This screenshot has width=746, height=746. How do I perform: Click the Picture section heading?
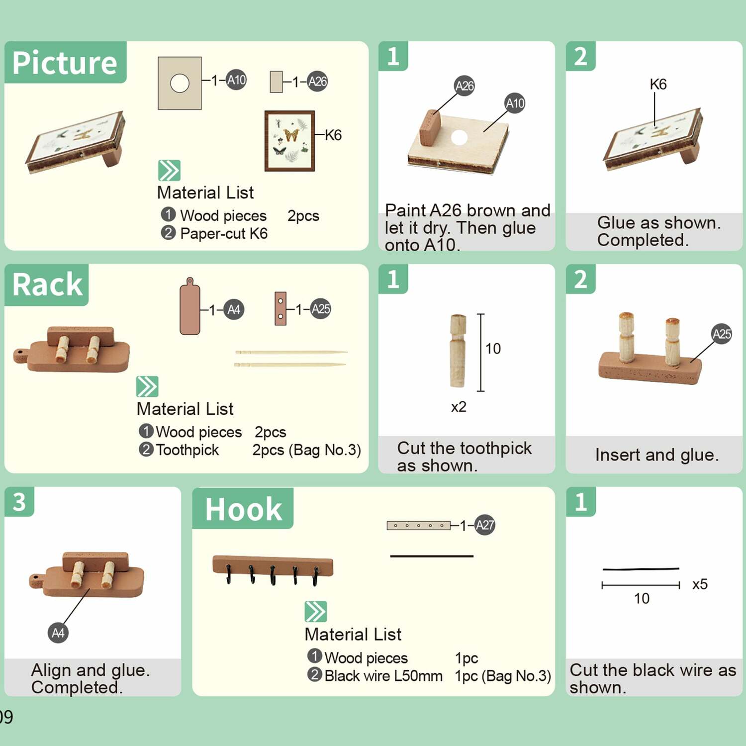[65, 63]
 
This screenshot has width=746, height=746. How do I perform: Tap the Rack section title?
[47, 284]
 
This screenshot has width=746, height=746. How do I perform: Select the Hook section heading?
[244, 509]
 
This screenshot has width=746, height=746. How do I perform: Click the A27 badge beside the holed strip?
[485, 525]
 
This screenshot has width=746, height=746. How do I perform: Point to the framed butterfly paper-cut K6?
[289, 141]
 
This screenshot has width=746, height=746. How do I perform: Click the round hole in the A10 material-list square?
[180, 83]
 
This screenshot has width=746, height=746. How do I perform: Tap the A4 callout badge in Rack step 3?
[58, 633]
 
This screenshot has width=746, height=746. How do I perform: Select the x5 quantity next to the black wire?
[700, 584]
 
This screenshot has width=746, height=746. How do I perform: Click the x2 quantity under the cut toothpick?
[459, 407]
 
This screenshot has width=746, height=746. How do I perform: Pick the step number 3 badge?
[19, 501]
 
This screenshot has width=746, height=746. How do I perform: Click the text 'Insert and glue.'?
[656, 455]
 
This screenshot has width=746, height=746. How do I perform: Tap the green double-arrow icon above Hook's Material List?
[316, 612]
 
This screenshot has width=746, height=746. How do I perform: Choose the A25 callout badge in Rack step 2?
[722, 334]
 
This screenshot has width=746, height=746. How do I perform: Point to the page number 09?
[6, 717]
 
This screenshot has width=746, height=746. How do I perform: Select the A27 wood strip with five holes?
[419, 525]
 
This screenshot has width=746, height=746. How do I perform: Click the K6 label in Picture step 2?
[658, 84]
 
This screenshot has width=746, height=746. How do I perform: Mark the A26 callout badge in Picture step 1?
[465, 86]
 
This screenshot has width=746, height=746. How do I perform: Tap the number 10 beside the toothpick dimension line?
[493, 349]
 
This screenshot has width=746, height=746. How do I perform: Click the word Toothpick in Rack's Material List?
[187, 450]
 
